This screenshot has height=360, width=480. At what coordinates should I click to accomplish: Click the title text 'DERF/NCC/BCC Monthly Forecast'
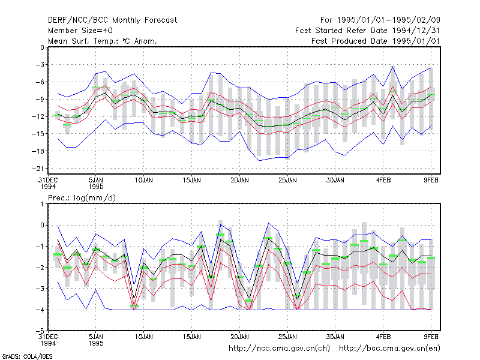pyautogui.click(x=112, y=20)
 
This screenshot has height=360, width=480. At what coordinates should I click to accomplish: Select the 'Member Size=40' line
pyautogui.click(x=80, y=31)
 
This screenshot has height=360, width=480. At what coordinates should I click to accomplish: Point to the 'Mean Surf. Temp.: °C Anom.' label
pyautogui.click(x=103, y=41)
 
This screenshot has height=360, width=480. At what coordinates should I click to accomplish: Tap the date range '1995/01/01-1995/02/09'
pyautogui.click(x=388, y=20)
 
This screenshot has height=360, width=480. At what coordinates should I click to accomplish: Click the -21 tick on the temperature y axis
pyautogui.click(x=38, y=169)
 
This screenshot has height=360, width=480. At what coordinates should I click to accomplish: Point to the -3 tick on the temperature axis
pyautogui.click(x=40, y=65)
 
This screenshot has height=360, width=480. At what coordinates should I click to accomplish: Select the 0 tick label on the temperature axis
pyautogui.click(x=42, y=47)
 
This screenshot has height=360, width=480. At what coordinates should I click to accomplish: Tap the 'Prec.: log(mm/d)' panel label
pyautogui.click(x=82, y=198)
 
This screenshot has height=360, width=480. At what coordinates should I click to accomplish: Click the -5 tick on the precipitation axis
pyautogui.click(x=40, y=331)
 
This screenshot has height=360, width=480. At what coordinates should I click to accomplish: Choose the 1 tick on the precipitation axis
pyautogui.click(x=42, y=204)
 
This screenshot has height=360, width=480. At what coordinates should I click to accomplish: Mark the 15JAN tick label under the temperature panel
pyautogui.click(x=192, y=181)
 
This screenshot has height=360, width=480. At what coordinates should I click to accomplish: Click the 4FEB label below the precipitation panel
pyautogui.click(x=383, y=337)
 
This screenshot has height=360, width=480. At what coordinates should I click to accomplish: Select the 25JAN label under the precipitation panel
pyautogui.click(x=287, y=337)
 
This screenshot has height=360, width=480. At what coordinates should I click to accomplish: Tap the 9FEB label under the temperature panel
pyautogui.click(x=431, y=181)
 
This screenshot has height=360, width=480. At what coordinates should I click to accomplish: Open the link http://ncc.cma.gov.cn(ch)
pyautogui.click(x=279, y=349)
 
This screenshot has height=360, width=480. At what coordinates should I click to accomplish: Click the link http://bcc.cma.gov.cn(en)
pyautogui.click(x=389, y=349)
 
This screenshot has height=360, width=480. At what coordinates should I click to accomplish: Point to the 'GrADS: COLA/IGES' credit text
pyautogui.click(x=28, y=356)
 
